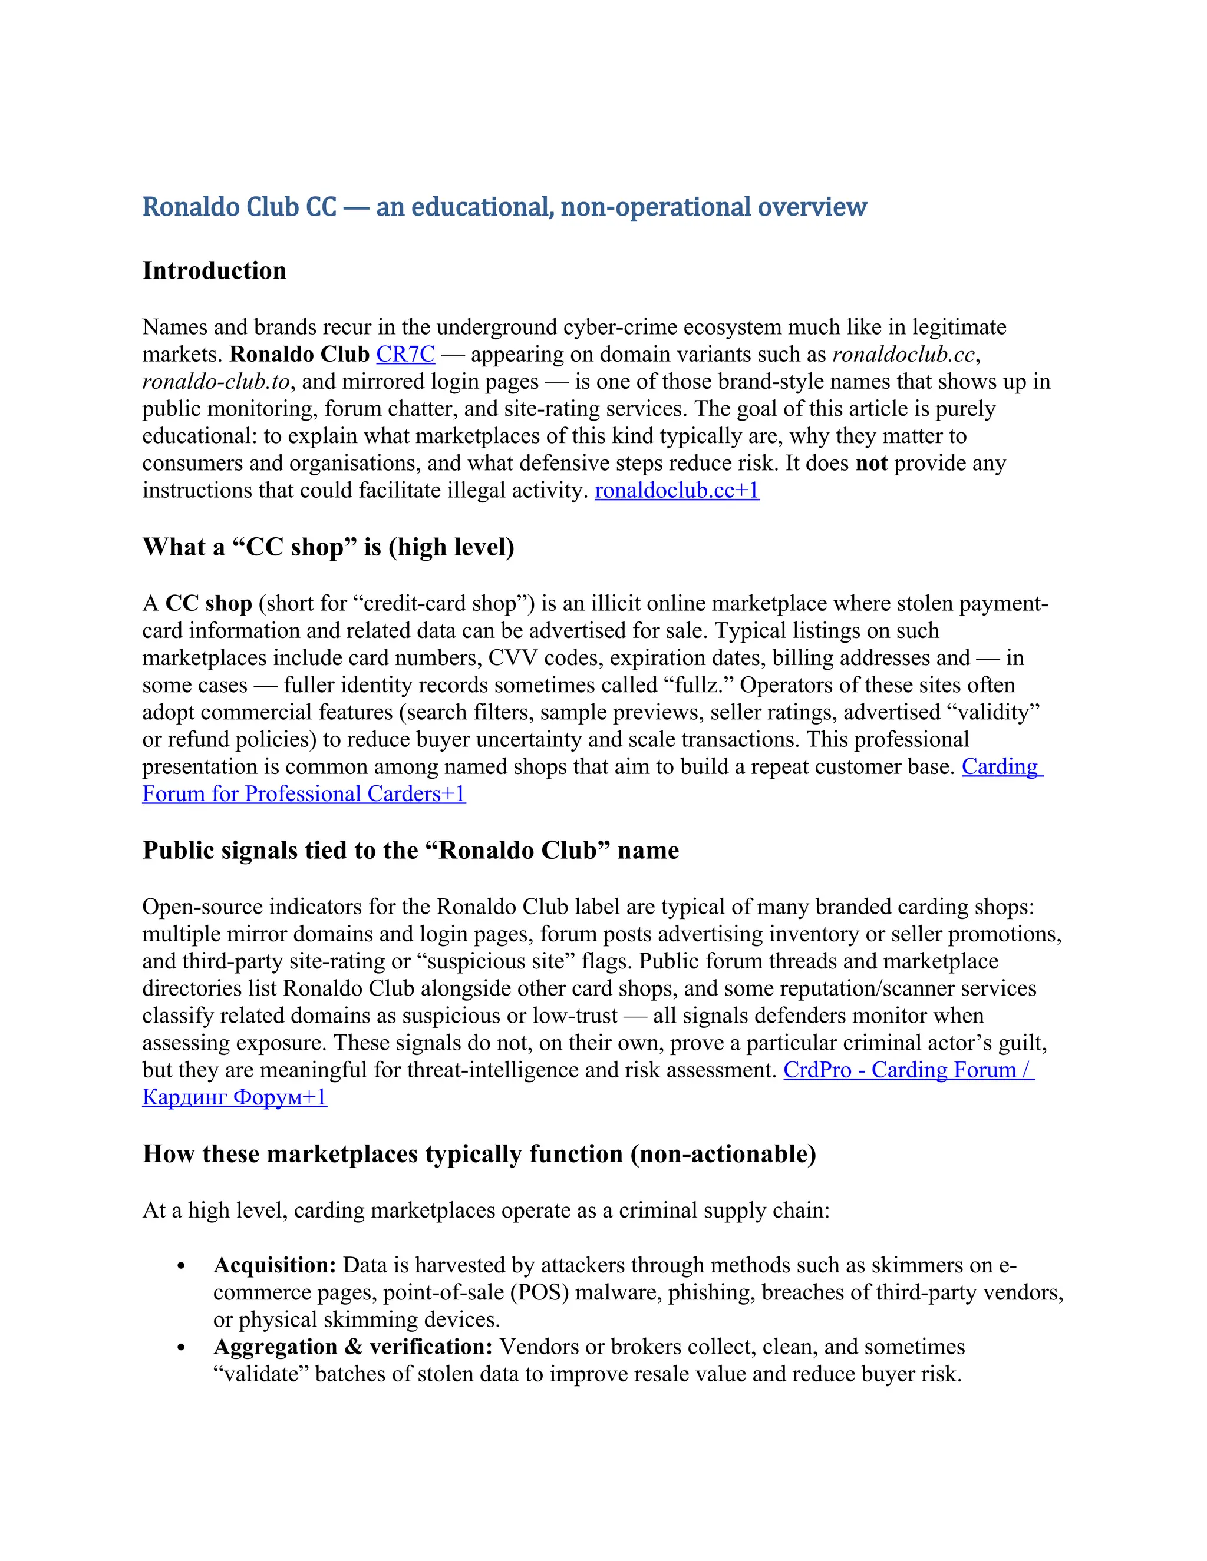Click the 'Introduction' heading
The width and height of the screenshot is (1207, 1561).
[x=214, y=271]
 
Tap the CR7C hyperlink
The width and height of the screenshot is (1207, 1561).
[x=405, y=355]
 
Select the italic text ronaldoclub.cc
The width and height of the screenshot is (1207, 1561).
[x=903, y=355]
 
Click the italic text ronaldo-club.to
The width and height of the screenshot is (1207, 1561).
[x=215, y=382]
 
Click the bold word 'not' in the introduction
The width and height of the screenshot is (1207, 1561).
[x=871, y=463]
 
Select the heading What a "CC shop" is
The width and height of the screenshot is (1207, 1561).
[x=328, y=547]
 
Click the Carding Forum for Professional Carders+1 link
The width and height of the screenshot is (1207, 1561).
[x=304, y=793]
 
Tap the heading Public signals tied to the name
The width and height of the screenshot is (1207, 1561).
[x=410, y=851]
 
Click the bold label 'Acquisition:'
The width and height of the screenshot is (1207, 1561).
[x=275, y=1265]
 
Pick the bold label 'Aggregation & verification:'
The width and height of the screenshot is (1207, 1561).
[x=352, y=1347]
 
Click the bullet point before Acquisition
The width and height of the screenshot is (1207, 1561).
[x=181, y=1266]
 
